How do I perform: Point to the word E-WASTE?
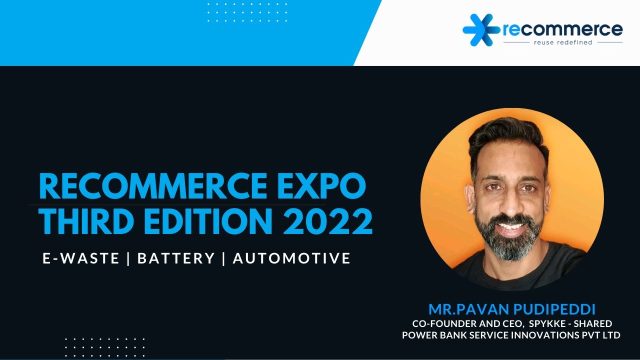(81, 258)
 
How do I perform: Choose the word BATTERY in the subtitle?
(176, 258)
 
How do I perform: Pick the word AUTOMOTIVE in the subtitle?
(291, 258)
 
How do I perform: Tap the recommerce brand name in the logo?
(562, 29)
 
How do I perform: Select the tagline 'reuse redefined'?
(562, 42)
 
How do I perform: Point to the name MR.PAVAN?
(467, 308)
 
